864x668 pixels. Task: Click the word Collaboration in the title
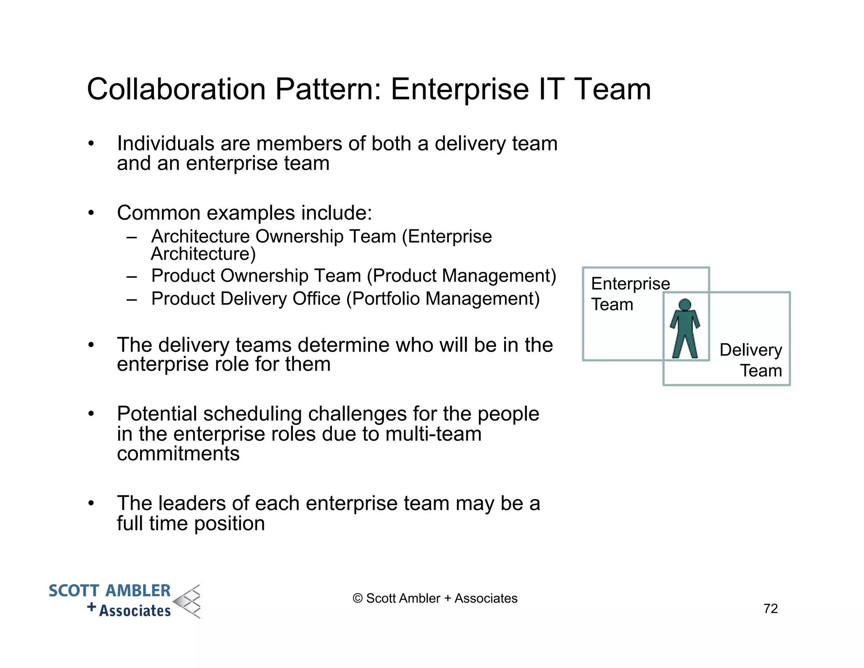(176, 90)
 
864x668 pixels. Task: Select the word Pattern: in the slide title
(328, 90)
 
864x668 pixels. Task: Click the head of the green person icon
(685, 304)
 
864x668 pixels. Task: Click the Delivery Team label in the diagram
(751, 360)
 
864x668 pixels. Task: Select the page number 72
(770, 608)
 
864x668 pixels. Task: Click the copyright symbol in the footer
(357, 598)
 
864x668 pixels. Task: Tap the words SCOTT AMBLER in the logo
(110, 590)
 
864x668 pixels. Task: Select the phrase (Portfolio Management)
(443, 299)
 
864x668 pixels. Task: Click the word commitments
(178, 453)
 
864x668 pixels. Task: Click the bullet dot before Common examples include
(91, 213)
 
